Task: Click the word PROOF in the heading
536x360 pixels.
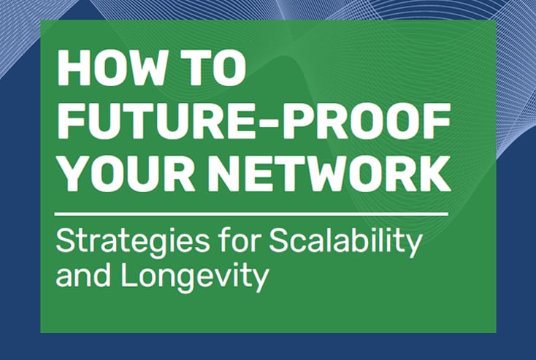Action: coord(367,120)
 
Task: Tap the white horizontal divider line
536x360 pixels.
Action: coord(251,215)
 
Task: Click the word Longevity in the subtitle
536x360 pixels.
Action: coord(194,278)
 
